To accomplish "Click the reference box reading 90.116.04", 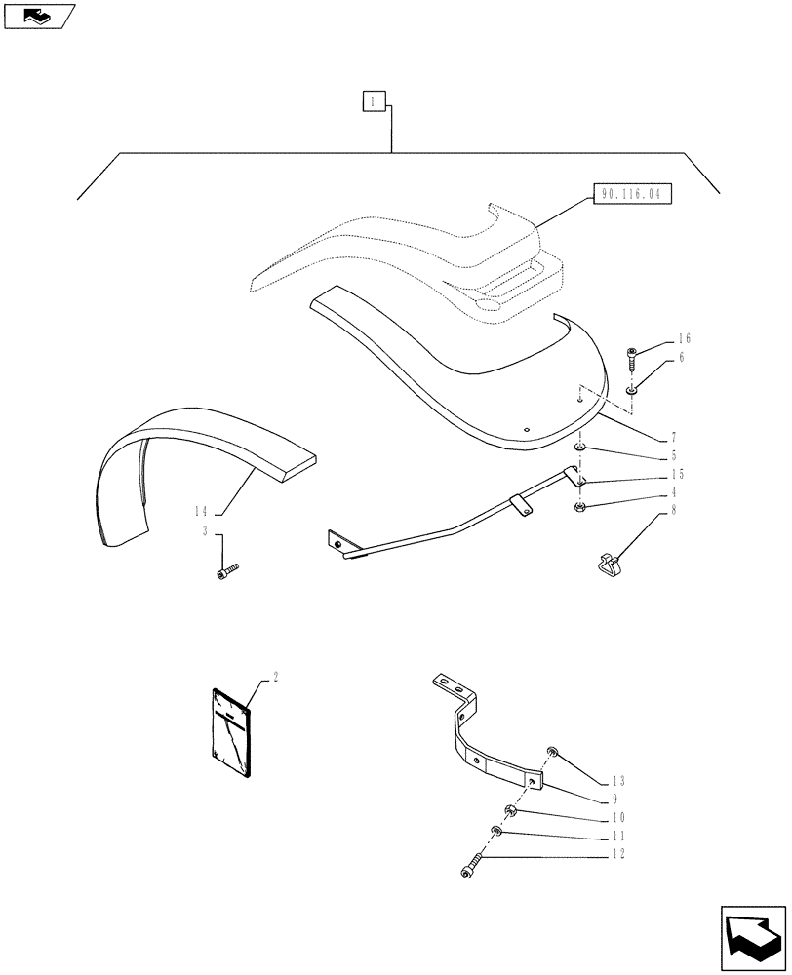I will [x=632, y=195].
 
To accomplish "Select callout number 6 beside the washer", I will [x=682, y=359].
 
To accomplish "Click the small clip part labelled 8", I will [x=606, y=562].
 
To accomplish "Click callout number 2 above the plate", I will [x=276, y=676].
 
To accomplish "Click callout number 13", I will [x=619, y=781].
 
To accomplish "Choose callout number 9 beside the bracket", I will [x=615, y=799].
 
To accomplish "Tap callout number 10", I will [x=618, y=817].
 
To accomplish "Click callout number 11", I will [x=618, y=837].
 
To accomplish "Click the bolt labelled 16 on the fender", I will [x=632, y=358].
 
